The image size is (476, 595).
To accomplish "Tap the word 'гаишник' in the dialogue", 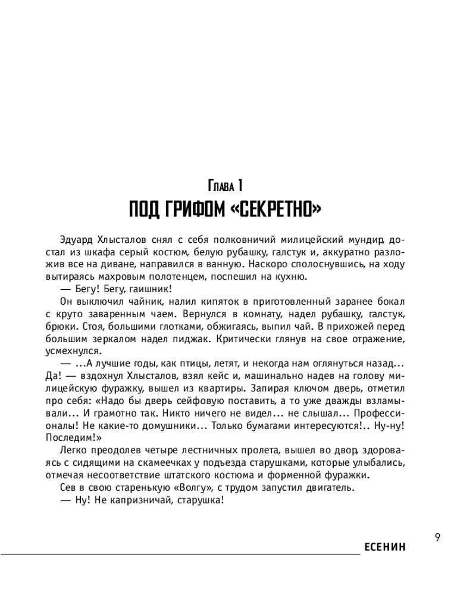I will pyautogui.click(x=145, y=289).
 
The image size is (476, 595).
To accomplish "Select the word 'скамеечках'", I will pyautogui.click(x=170, y=464).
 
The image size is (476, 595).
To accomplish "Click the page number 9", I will pyautogui.click(x=437, y=538).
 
